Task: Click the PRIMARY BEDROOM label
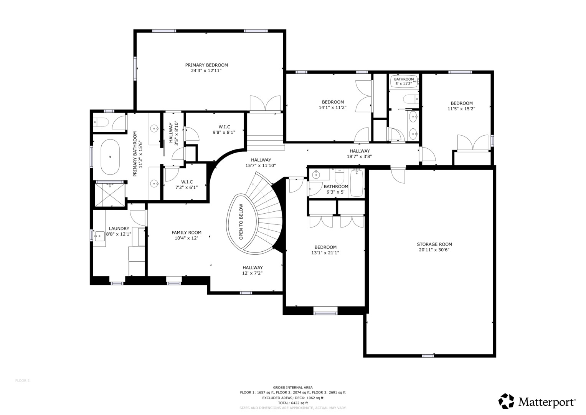tap(206, 65)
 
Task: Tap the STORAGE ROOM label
tap(434, 244)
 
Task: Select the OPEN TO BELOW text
tap(241, 222)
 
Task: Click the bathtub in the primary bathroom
tap(110, 157)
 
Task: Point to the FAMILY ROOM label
tap(186, 232)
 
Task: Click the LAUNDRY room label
tap(119, 229)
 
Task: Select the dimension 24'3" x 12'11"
tap(206, 71)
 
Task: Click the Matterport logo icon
tap(506, 401)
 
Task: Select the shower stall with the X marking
tap(110, 194)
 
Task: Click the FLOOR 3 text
tap(22, 381)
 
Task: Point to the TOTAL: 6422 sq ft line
tap(293, 403)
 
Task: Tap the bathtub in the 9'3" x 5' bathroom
tap(357, 183)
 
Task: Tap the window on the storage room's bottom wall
tap(428, 356)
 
